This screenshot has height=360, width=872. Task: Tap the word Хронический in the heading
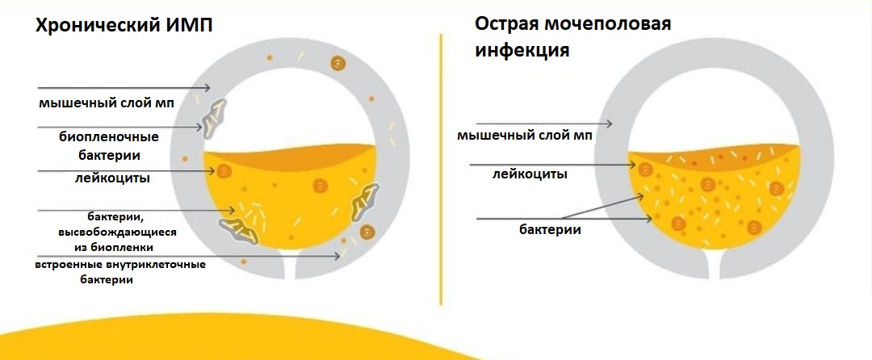pyautogui.click(x=98, y=26)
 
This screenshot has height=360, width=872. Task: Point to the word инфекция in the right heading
pyautogui.click(x=522, y=51)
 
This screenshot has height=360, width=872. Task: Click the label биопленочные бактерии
pyautogui.click(x=108, y=145)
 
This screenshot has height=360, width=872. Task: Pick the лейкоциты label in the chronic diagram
pyautogui.click(x=113, y=178)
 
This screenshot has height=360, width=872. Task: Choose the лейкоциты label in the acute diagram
pyautogui.click(x=530, y=174)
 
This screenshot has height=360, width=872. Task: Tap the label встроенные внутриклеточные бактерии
pyautogui.click(x=120, y=272)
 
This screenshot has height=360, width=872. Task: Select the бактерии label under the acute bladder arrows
pyautogui.click(x=550, y=229)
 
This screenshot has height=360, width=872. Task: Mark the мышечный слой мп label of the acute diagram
pyautogui.click(x=525, y=136)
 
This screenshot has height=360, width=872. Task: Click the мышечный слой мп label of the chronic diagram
pyautogui.click(x=106, y=103)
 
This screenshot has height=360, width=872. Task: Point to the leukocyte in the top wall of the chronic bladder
pyautogui.click(x=337, y=63)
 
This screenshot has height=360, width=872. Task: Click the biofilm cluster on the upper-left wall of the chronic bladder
pyautogui.click(x=213, y=119)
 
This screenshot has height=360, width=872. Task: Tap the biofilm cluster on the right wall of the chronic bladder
pyautogui.click(x=364, y=203)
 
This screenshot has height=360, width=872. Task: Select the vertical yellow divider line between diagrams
pyautogui.click(x=441, y=169)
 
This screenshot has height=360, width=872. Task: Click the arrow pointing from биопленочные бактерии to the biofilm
pyautogui.click(x=120, y=128)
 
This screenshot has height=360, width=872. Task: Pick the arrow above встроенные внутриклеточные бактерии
pyautogui.click(x=189, y=256)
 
